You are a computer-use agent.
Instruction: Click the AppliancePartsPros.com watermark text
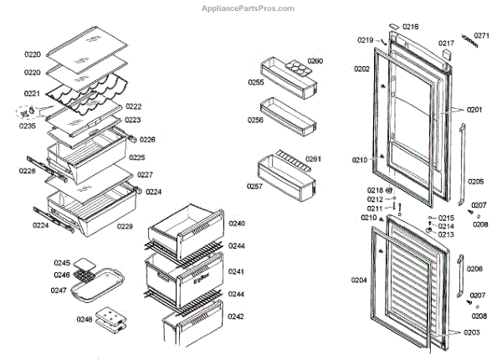tap(249, 8)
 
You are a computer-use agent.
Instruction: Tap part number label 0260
tap(315, 61)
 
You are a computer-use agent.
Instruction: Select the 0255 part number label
tap(255, 82)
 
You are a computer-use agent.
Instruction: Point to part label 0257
tap(255, 186)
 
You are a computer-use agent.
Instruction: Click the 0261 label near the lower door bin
tap(314, 158)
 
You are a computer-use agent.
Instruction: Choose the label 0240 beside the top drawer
tap(237, 224)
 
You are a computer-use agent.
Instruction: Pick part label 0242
tap(237, 316)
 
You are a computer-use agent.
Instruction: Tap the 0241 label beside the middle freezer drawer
tap(237, 272)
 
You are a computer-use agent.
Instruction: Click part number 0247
tap(59, 290)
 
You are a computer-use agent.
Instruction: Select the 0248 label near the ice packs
tap(84, 319)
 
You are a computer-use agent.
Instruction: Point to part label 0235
tap(28, 126)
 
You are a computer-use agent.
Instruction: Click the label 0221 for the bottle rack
tap(32, 94)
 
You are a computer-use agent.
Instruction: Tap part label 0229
tap(125, 227)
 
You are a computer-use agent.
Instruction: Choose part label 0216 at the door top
tap(410, 27)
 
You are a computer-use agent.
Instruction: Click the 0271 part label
tap(481, 36)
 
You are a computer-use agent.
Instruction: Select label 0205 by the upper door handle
tap(475, 182)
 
